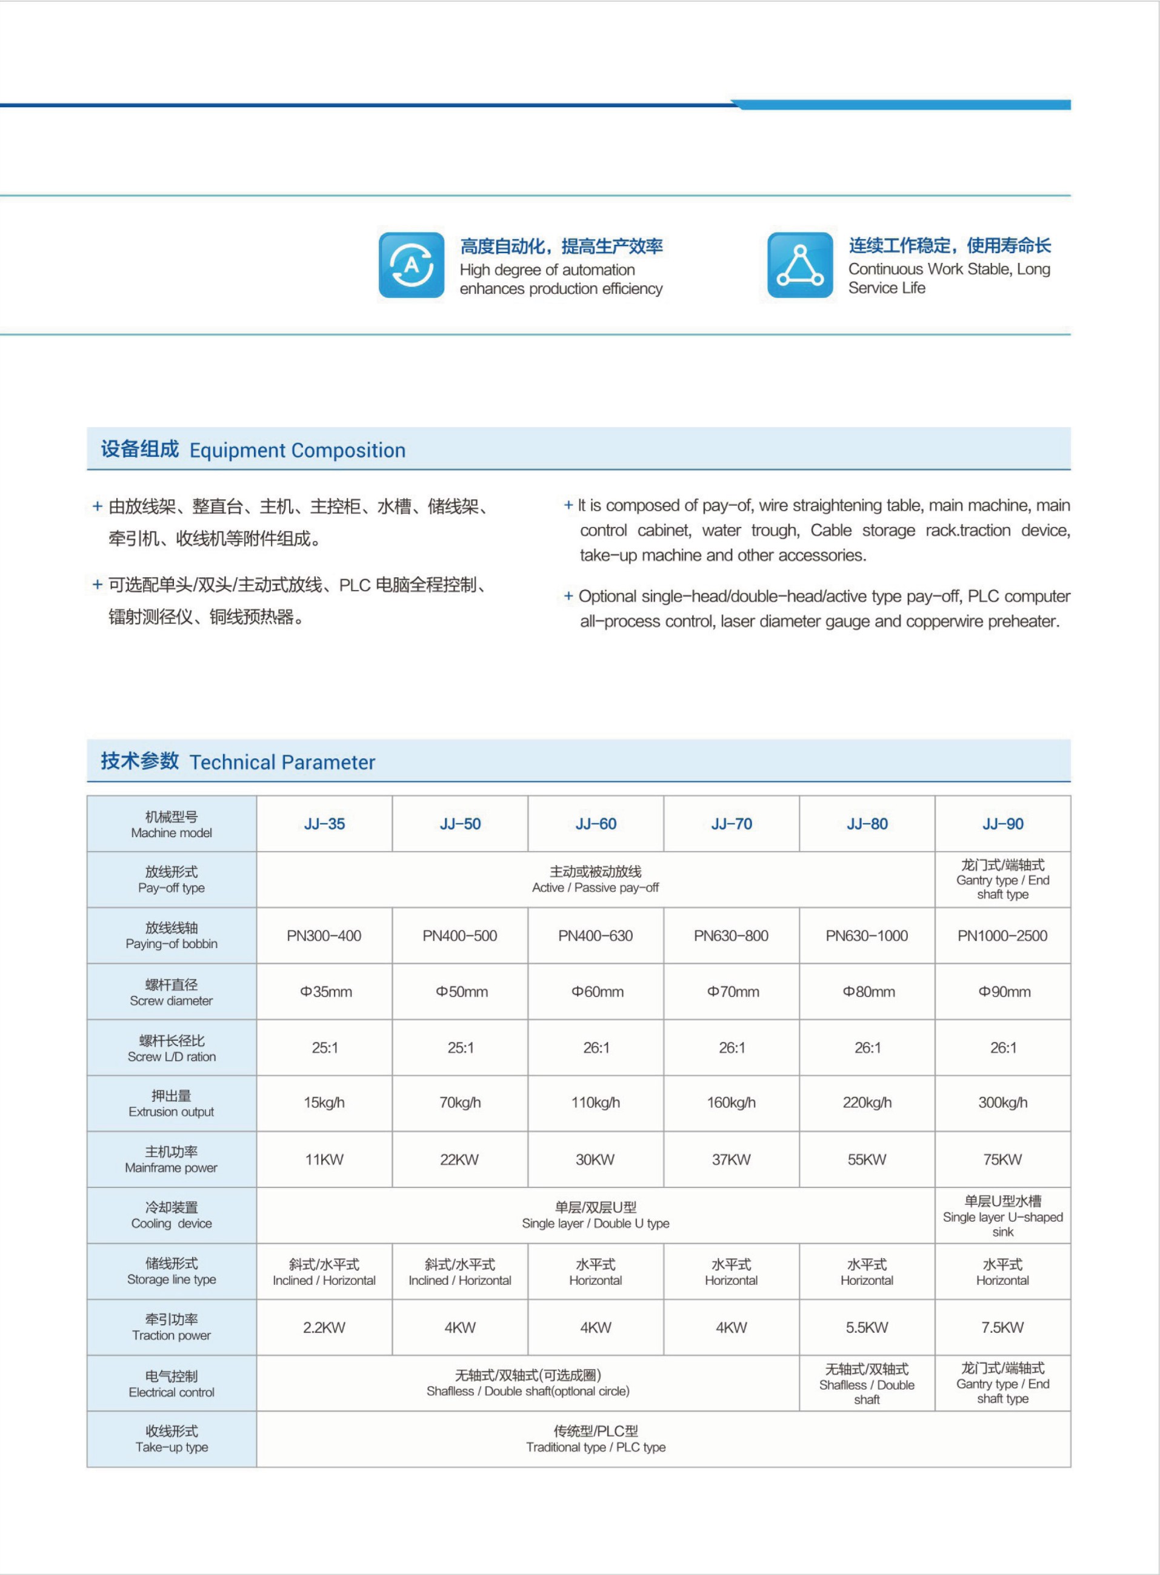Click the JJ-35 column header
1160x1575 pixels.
[x=324, y=824]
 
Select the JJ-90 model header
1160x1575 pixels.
[x=1002, y=824]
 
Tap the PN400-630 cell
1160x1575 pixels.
[x=595, y=935]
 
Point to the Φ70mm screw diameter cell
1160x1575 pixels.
[x=732, y=992]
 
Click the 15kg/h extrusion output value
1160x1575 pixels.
[x=324, y=1102]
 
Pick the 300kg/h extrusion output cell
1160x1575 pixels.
[x=1002, y=1102]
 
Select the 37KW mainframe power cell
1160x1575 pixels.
[x=732, y=1159]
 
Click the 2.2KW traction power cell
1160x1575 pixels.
[x=324, y=1327]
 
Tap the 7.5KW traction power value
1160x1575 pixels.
[x=1002, y=1327]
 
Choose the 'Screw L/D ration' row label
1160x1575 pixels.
[x=172, y=1048]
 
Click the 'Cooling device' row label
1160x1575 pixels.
[x=172, y=1215]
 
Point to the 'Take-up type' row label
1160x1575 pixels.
[x=172, y=1439]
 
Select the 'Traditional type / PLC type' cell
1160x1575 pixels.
[x=595, y=1439]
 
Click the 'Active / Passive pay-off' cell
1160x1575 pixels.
[x=595, y=880]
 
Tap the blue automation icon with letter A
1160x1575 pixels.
[x=412, y=265]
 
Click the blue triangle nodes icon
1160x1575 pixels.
[x=800, y=265]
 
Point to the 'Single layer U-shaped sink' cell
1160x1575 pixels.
[x=1002, y=1216]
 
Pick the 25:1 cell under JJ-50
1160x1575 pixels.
[x=460, y=1048]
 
